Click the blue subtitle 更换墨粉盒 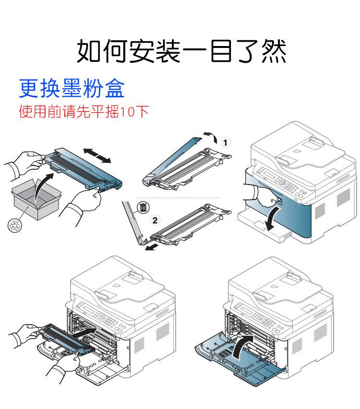72,88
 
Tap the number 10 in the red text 128,112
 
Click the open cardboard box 36,199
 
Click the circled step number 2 154,221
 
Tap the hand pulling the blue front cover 254,196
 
